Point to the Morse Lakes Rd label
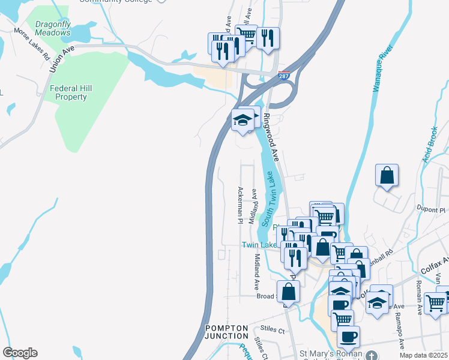(x=31, y=44)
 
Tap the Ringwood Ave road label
(x=272, y=137)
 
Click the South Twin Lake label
(x=270, y=197)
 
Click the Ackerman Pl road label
(x=240, y=205)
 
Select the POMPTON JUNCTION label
(x=226, y=332)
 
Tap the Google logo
(x=20, y=353)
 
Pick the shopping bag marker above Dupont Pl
(x=387, y=176)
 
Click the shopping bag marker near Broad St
(x=289, y=292)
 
